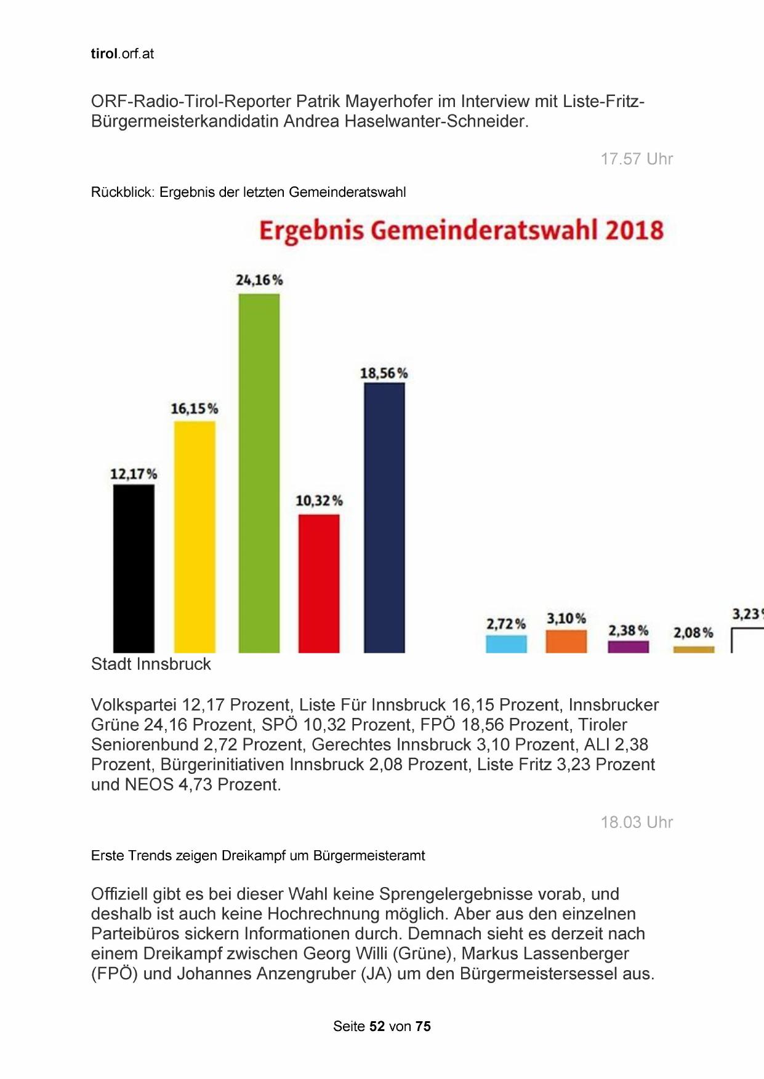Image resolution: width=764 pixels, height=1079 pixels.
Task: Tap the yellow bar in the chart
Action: [195, 536]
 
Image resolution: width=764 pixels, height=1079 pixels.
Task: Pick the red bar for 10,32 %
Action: [319, 583]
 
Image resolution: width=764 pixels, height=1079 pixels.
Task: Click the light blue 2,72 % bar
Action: [506, 643]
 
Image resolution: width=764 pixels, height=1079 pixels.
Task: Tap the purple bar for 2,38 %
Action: [628, 646]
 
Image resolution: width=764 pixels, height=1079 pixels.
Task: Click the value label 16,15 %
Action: [194, 408]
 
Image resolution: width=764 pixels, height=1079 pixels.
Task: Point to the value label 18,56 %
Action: [384, 373]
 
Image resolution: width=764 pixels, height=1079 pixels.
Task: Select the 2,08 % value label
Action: [693, 632]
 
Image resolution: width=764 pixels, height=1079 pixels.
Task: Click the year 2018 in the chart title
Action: [634, 230]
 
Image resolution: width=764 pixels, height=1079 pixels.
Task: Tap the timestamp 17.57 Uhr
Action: [637, 159]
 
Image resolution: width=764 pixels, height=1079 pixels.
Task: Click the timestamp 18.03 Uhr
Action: [637, 822]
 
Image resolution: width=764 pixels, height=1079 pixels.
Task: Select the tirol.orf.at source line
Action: [122, 54]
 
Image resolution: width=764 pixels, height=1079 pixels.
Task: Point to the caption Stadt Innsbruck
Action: [151, 664]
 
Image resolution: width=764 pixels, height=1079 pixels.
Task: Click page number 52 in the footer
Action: [377, 1026]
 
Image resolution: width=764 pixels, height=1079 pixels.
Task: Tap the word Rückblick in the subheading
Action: [122, 192]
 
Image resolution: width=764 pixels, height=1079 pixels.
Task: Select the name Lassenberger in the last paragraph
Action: [577, 954]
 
